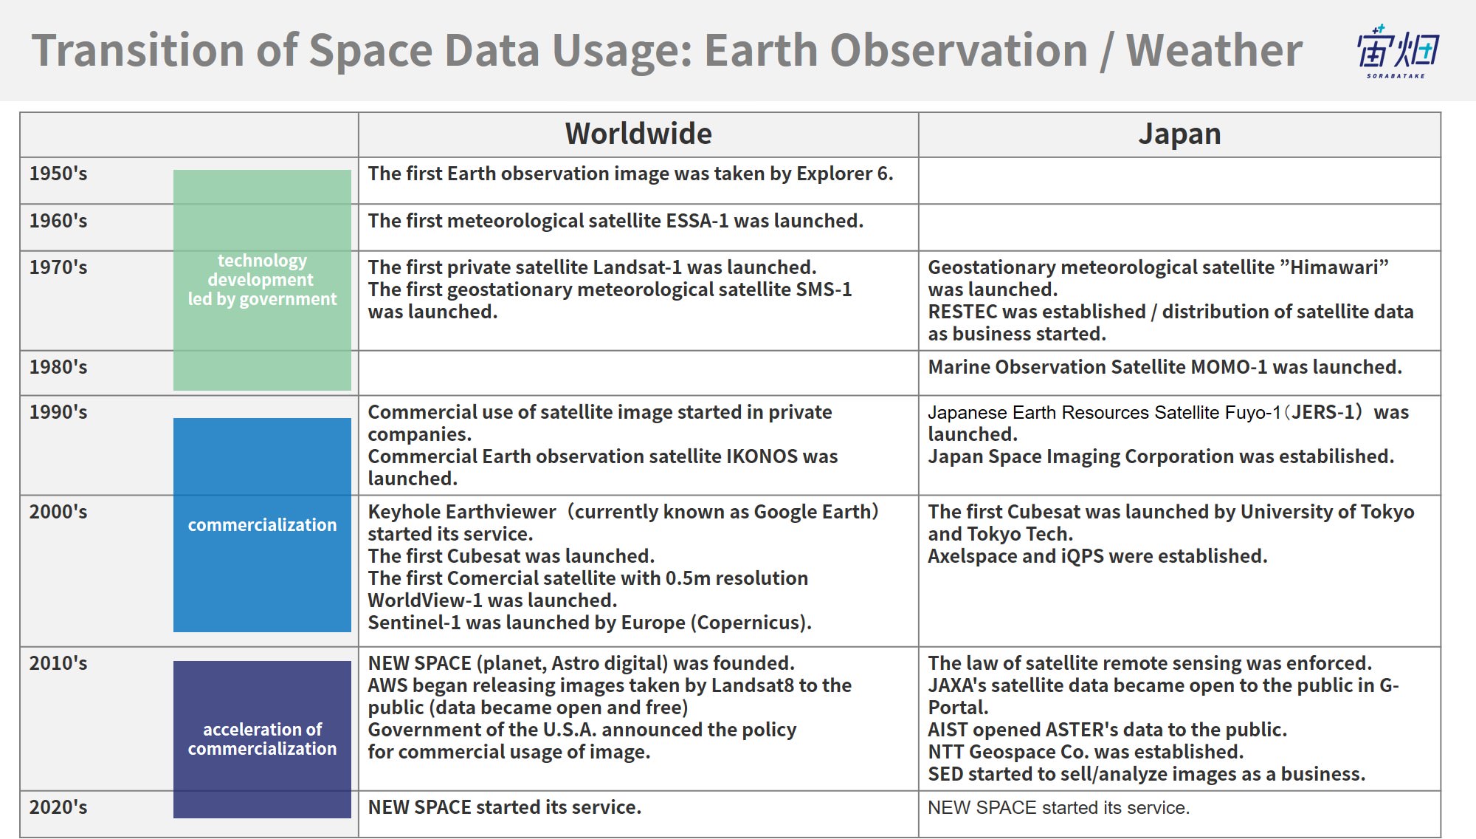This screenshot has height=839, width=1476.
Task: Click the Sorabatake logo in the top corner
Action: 1397,51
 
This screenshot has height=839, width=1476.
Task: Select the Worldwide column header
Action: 638,134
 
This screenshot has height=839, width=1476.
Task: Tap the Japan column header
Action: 1179,134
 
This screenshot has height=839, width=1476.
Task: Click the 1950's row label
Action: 58,174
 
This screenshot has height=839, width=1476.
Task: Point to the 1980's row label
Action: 58,367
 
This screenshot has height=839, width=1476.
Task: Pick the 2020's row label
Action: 58,807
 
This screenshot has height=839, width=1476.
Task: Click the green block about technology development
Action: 262,280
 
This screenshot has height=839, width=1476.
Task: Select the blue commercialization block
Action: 262,525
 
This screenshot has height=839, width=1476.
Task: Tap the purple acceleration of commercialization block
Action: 262,739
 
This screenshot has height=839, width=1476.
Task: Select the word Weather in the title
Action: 1214,50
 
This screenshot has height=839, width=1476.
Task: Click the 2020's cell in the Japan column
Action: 1179,814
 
